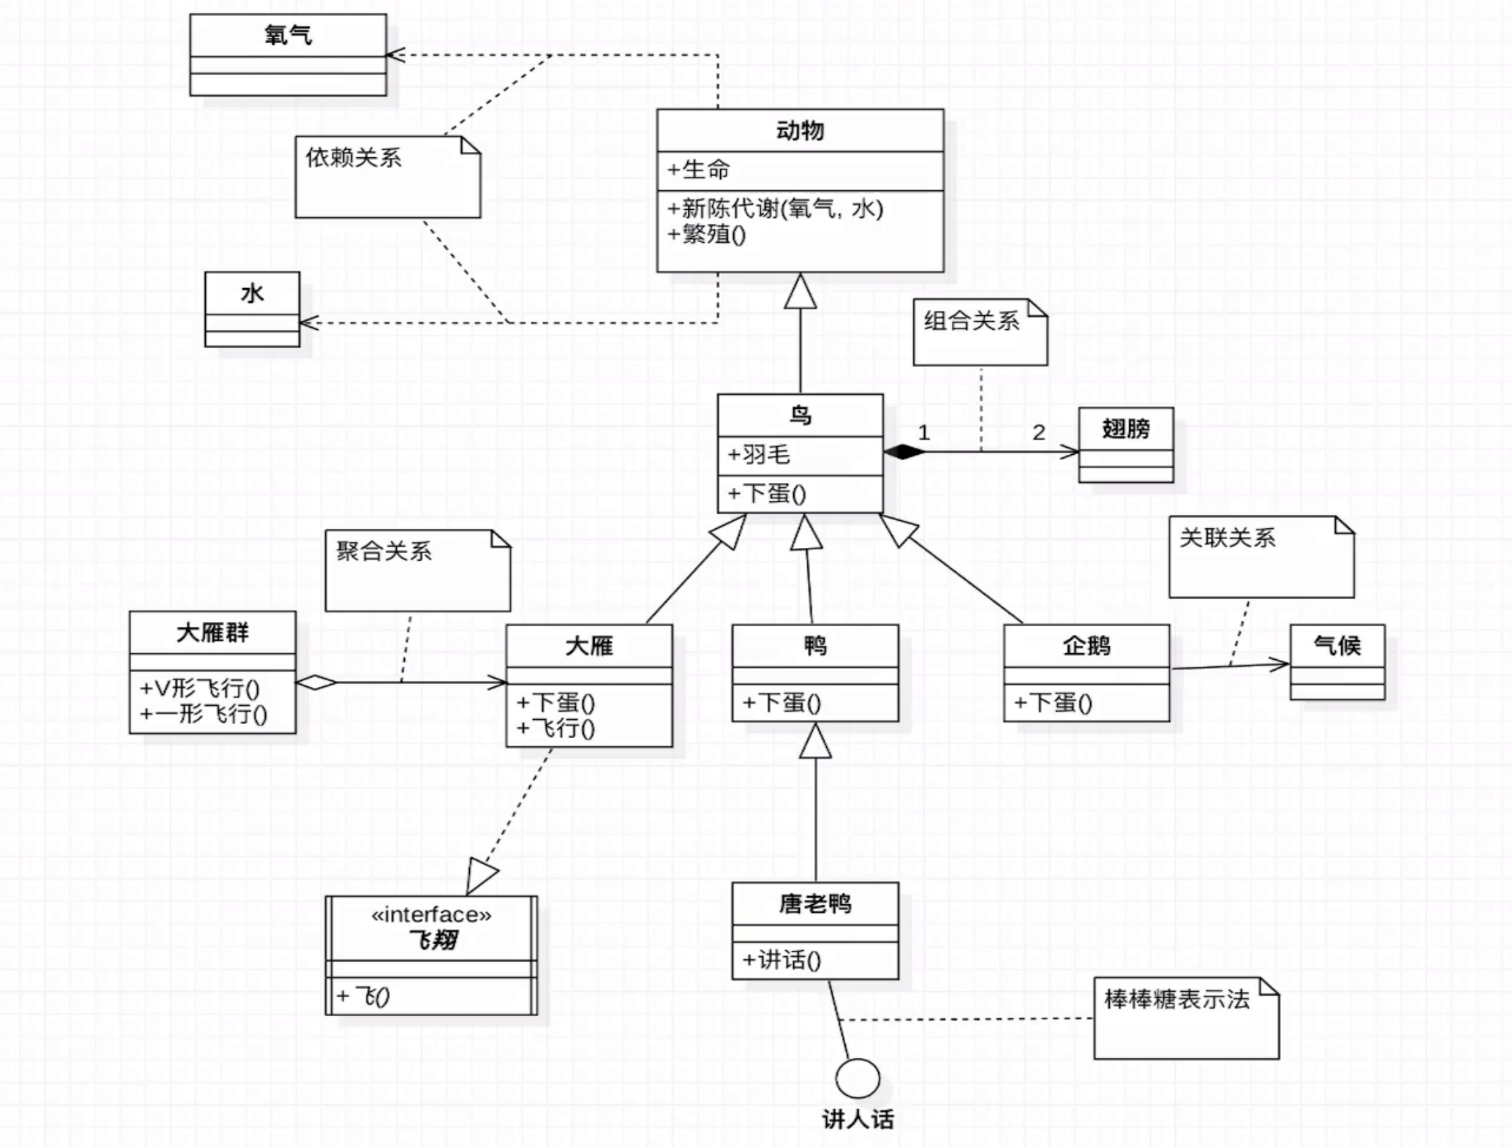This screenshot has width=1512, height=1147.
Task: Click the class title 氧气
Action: [x=288, y=35]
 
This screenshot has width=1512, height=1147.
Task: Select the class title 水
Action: [x=252, y=293]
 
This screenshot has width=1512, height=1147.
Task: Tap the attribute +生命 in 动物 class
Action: [x=699, y=169]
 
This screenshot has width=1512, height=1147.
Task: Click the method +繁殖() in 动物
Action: [x=707, y=234]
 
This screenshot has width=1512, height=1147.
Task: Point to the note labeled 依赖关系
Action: [x=354, y=158]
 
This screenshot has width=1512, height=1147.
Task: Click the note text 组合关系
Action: [x=971, y=320]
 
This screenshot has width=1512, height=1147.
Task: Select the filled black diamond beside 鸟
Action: [x=904, y=451]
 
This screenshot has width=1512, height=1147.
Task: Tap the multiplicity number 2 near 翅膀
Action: [x=1038, y=432]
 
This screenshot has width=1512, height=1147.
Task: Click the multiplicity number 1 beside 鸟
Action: [x=923, y=432]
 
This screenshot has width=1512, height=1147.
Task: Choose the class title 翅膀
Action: [x=1126, y=429]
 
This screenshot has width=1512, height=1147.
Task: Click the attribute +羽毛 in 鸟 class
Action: [x=759, y=454]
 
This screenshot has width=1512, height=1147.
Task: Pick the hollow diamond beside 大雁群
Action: [x=316, y=681]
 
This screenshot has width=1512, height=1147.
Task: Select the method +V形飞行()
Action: [x=200, y=688]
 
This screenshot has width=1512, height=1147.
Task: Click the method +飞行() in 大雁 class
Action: [x=556, y=728]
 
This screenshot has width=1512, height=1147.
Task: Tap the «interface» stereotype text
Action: [x=431, y=915]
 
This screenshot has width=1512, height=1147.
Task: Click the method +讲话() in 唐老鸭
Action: [x=782, y=960]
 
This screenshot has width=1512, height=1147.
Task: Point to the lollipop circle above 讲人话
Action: [x=857, y=1079]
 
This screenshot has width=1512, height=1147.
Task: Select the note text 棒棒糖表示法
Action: [x=1177, y=999]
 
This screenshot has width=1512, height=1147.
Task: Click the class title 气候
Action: [x=1337, y=645]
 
